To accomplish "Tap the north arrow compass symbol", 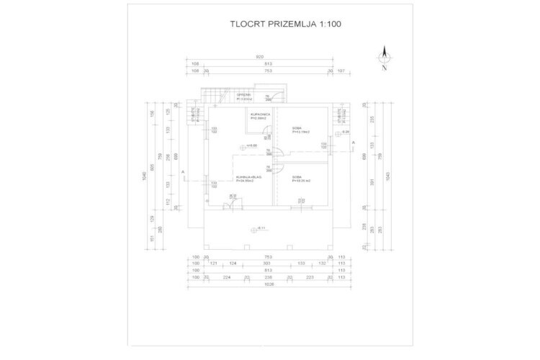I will [384, 60].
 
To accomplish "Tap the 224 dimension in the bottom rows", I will [226, 276].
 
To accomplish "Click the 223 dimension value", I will [310, 276].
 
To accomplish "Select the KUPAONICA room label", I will [260, 116].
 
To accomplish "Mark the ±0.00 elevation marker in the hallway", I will [251, 146].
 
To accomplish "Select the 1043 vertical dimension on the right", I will [389, 176].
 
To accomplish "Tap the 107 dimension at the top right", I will [341, 71].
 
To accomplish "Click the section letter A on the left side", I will [184, 172].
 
